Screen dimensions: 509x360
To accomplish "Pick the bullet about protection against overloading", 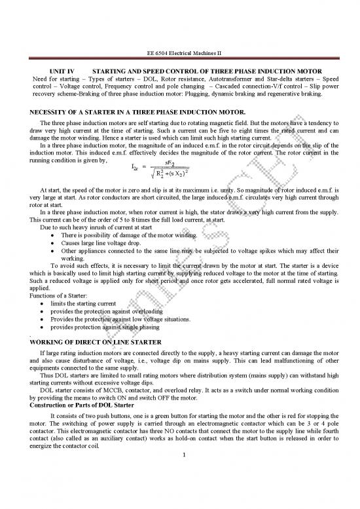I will (x=105, y=312).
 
